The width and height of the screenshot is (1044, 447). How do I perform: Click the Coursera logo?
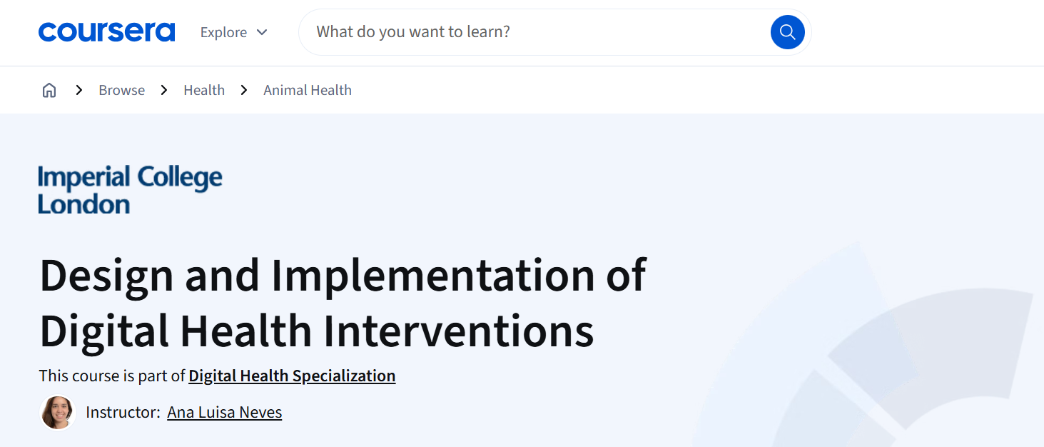[107, 31]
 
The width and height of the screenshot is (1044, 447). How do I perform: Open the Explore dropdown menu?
[233, 32]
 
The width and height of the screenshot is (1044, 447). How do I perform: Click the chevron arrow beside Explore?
[262, 32]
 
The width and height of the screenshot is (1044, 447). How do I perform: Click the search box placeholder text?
[413, 31]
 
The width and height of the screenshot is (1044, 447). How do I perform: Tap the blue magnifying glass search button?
[787, 32]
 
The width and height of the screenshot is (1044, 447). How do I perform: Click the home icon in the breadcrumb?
[49, 90]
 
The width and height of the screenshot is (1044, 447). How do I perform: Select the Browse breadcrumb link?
[121, 90]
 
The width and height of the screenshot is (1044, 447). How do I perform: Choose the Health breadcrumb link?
[204, 90]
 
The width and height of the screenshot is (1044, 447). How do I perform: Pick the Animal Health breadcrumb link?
[308, 90]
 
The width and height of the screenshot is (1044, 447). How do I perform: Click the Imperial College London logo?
[130, 189]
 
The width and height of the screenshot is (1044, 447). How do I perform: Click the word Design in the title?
[106, 276]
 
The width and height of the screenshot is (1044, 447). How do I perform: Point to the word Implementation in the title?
[433, 276]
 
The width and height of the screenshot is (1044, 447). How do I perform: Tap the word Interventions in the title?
[459, 331]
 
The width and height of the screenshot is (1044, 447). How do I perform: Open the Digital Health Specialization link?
[292, 376]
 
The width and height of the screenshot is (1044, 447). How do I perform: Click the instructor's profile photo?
[58, 413]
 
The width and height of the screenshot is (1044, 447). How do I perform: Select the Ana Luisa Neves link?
[225, 413]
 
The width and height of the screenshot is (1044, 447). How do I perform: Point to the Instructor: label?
[123, 413]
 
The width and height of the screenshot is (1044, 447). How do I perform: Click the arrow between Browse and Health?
[163, 90]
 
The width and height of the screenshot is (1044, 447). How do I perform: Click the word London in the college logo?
[83, 204]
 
